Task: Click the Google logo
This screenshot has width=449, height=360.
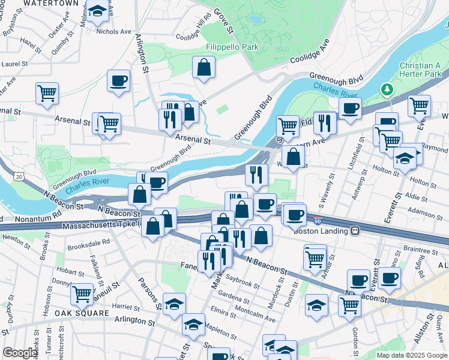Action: tap(20, 353)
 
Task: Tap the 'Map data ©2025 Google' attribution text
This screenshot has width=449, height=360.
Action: tap(412, 355)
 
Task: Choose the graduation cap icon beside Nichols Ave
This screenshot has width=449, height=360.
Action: tap(97, 11)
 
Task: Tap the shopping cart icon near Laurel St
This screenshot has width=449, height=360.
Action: tap(47, 92)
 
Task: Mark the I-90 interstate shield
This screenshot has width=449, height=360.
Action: tap(318, 221)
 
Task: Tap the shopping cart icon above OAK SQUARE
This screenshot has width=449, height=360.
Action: tap(82, 294)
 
